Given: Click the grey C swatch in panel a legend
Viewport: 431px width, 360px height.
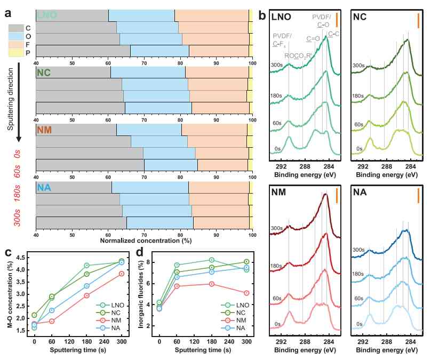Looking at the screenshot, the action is coord(16,28).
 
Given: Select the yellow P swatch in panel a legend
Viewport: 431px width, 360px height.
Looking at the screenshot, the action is coord(16,53).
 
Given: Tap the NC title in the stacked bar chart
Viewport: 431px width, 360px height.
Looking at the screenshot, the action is coord(44,73).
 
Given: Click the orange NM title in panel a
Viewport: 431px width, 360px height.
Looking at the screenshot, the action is coord(44,130).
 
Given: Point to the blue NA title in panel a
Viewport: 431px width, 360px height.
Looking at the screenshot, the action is coord(44,188).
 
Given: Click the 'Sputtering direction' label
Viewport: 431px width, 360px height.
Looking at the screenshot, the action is coord(11,99).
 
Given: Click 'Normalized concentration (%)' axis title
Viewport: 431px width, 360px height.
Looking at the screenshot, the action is coord(146,241).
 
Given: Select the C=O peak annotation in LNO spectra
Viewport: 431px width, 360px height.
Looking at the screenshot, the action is coord(313,39).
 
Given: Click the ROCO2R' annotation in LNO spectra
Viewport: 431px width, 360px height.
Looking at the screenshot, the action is coord(298,56).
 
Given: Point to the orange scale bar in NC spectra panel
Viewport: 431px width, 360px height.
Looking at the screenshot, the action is coord(418,21).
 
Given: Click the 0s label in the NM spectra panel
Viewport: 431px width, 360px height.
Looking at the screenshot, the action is coord(277,324).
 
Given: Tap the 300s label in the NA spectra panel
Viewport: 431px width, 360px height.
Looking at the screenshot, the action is coord(358,250).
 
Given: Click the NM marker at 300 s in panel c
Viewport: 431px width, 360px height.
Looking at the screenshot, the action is coord(122,274).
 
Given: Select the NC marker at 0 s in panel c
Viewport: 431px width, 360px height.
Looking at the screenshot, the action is coord(34,315).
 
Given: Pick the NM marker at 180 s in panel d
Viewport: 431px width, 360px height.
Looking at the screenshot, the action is coord(212,284).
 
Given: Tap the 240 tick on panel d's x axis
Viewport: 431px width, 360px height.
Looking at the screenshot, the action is coord(229,341).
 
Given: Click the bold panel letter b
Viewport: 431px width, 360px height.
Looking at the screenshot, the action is coord(262,16).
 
